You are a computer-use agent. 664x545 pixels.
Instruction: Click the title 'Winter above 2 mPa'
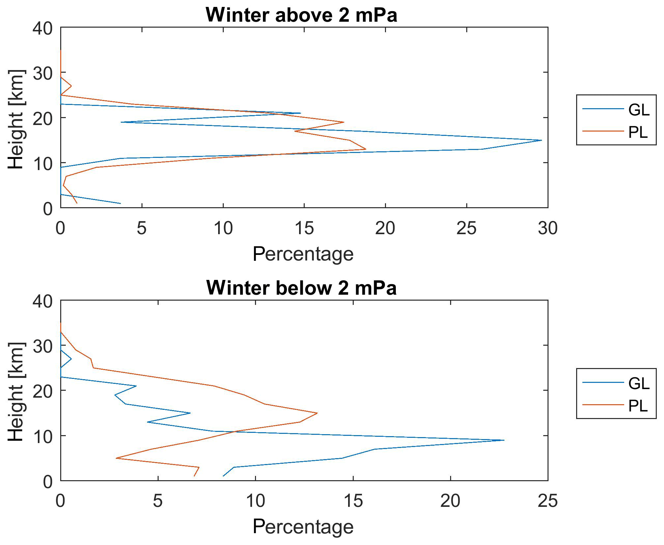pos(301,15)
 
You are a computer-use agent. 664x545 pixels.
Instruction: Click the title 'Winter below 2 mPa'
pos(301,288)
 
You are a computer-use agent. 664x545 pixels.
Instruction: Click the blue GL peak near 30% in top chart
pos(541,140)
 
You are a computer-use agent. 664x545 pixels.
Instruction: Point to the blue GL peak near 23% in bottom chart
pos(504,440)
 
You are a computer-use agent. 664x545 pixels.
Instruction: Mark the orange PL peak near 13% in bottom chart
pos(317,413)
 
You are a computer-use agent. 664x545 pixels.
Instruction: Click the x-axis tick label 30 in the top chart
pos(548,228)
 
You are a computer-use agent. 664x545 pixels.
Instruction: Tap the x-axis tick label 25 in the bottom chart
pos(548,501)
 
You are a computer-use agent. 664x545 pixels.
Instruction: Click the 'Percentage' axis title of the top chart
pos(303,254)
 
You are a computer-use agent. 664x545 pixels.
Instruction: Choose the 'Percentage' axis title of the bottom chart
pos(303,527)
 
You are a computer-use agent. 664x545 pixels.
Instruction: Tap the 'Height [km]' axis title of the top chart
pos(16,119)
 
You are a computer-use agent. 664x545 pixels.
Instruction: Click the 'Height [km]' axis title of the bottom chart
pos(16,391)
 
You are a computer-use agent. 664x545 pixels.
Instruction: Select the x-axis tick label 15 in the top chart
pos(304,228)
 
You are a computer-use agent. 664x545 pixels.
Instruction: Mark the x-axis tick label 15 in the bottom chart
pos(353,501)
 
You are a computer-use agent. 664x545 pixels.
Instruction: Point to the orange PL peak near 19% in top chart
pos(366,149)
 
